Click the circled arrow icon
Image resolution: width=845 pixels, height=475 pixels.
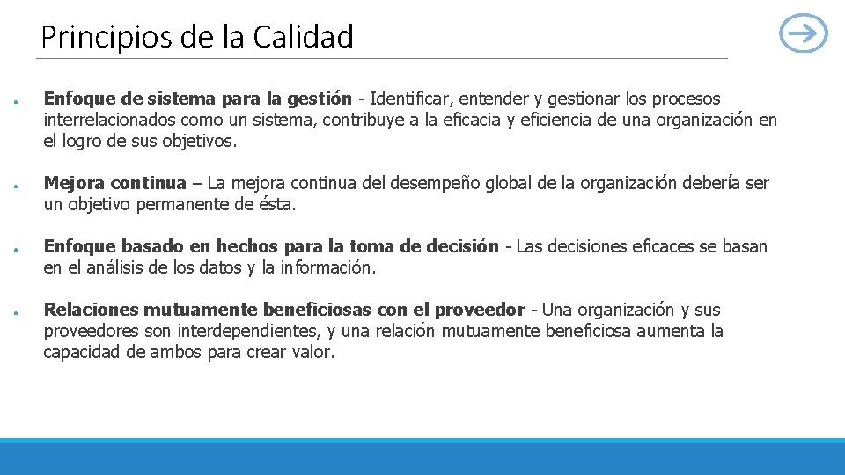coord(804,35)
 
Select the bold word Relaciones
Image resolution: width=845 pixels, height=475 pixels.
coord(92,310)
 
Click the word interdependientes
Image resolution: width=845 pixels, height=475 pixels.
coord(244,331)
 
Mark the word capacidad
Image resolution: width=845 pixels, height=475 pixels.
coord(81,352)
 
